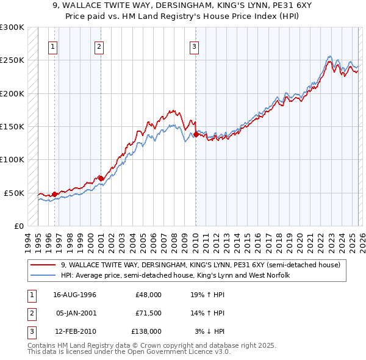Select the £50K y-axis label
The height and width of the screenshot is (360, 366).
coord(14,193)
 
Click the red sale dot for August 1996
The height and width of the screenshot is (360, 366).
coord(54,194)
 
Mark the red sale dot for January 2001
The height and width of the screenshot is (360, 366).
coord(101,178)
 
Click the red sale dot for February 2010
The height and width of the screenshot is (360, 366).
coord(195,134)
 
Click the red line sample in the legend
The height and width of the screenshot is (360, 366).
coord(44,265)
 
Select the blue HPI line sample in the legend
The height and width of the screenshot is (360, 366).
coord(44,276)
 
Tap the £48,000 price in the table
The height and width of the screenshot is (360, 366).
coord(148,294)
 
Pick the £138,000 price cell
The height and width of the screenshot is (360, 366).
coord(147,331)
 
